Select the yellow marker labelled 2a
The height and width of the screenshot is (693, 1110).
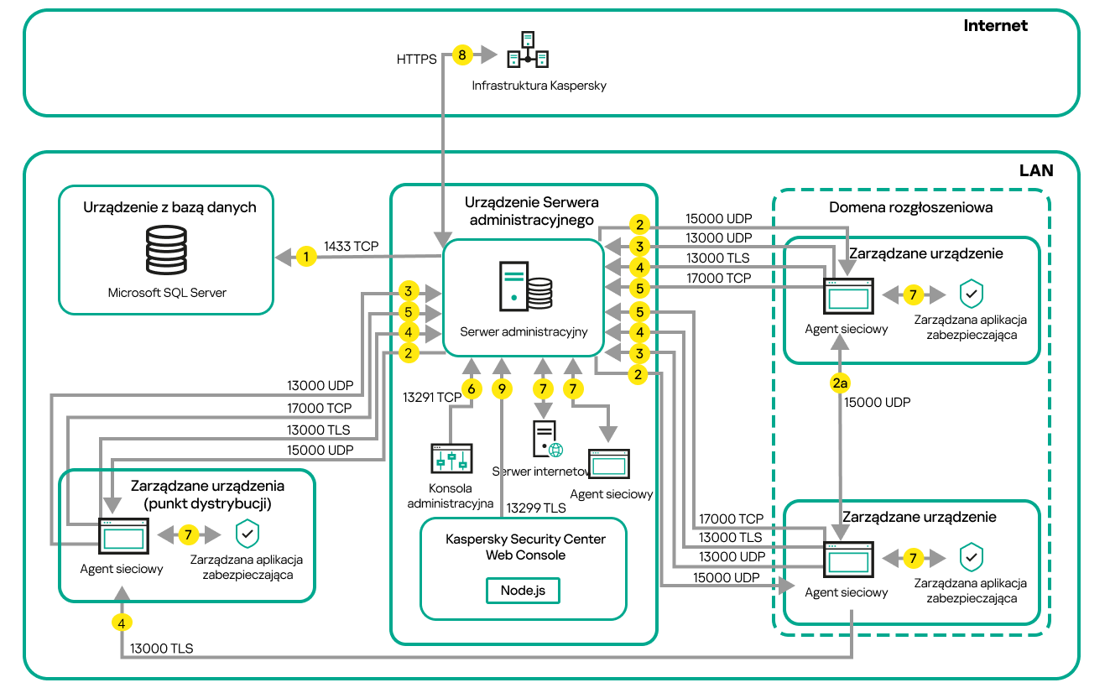pyautogui.click(x=840, y=383)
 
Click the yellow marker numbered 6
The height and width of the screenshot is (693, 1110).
pyautogui.click(x=472, y=389)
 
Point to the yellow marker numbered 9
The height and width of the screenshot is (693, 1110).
pyautogui.click(x=502, y=389)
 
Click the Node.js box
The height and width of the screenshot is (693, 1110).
pyautogui.click(x=523, y=590)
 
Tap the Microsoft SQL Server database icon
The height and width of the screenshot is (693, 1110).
pyautogui.click(x=166, y=250)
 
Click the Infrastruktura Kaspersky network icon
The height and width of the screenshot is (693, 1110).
pyautogui.click(x=528, y=49)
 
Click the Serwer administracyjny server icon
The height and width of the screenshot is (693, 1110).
pyautogui.click(x=525, y=286)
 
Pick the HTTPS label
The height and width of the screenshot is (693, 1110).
pyautogui.click(x=417, y=60)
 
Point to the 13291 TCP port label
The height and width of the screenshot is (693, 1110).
pyautogui.click(x=432, y=397)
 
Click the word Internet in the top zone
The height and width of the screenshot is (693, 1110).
pyautogui.click(x=995, y=25)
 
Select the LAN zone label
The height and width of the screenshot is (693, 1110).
pyautogui.click(x=1036, y=170)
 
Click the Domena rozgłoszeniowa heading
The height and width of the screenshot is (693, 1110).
pyautogui.click(x=910, y=207)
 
